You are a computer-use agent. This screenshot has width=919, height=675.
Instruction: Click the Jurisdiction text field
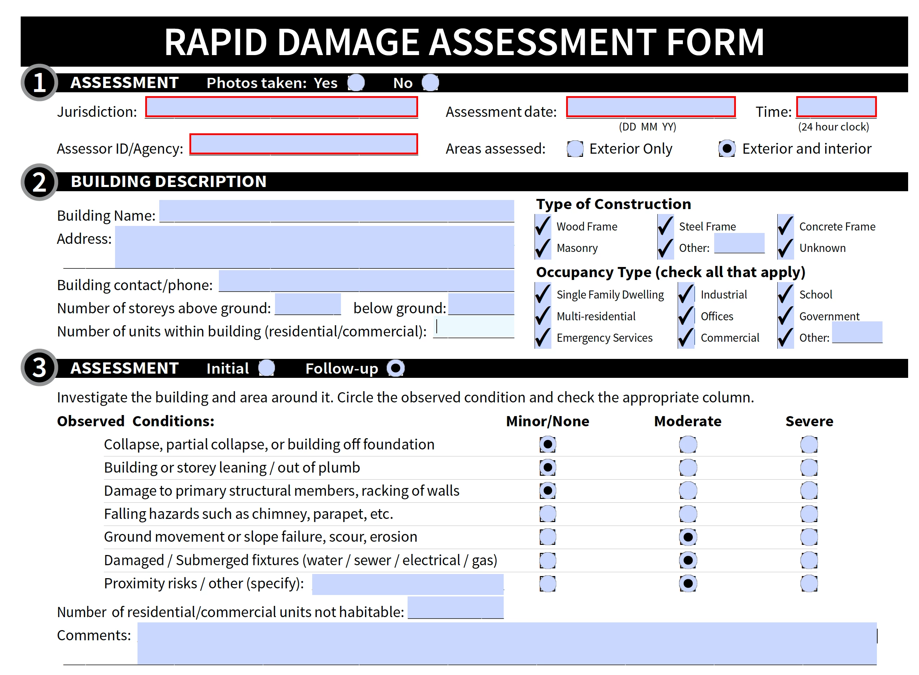[281, 107]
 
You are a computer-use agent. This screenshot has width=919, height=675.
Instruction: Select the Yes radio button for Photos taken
[356, 83]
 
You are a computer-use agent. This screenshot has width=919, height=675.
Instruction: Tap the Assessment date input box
[650, 107]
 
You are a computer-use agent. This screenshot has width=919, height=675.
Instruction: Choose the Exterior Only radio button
[575, 149]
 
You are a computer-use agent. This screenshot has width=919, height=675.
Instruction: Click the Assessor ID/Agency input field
[303, 144]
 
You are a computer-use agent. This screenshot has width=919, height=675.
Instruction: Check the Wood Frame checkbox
[543, 226]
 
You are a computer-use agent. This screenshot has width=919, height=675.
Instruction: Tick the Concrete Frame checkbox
[785, 226]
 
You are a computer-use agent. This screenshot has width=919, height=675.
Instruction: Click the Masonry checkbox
[543, 248]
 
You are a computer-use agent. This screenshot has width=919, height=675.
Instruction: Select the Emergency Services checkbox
[543, 337]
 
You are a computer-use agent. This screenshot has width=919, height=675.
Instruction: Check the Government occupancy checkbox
[785, 316]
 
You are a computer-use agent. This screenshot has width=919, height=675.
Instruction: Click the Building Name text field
[336, 211]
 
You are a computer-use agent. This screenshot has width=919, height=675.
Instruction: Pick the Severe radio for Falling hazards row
[809, 514]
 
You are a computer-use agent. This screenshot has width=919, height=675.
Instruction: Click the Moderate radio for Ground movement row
[688, 537]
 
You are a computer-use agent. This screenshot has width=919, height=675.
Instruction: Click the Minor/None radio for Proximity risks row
[547, 583]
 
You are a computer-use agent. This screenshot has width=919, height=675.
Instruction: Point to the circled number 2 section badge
[39, 182]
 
